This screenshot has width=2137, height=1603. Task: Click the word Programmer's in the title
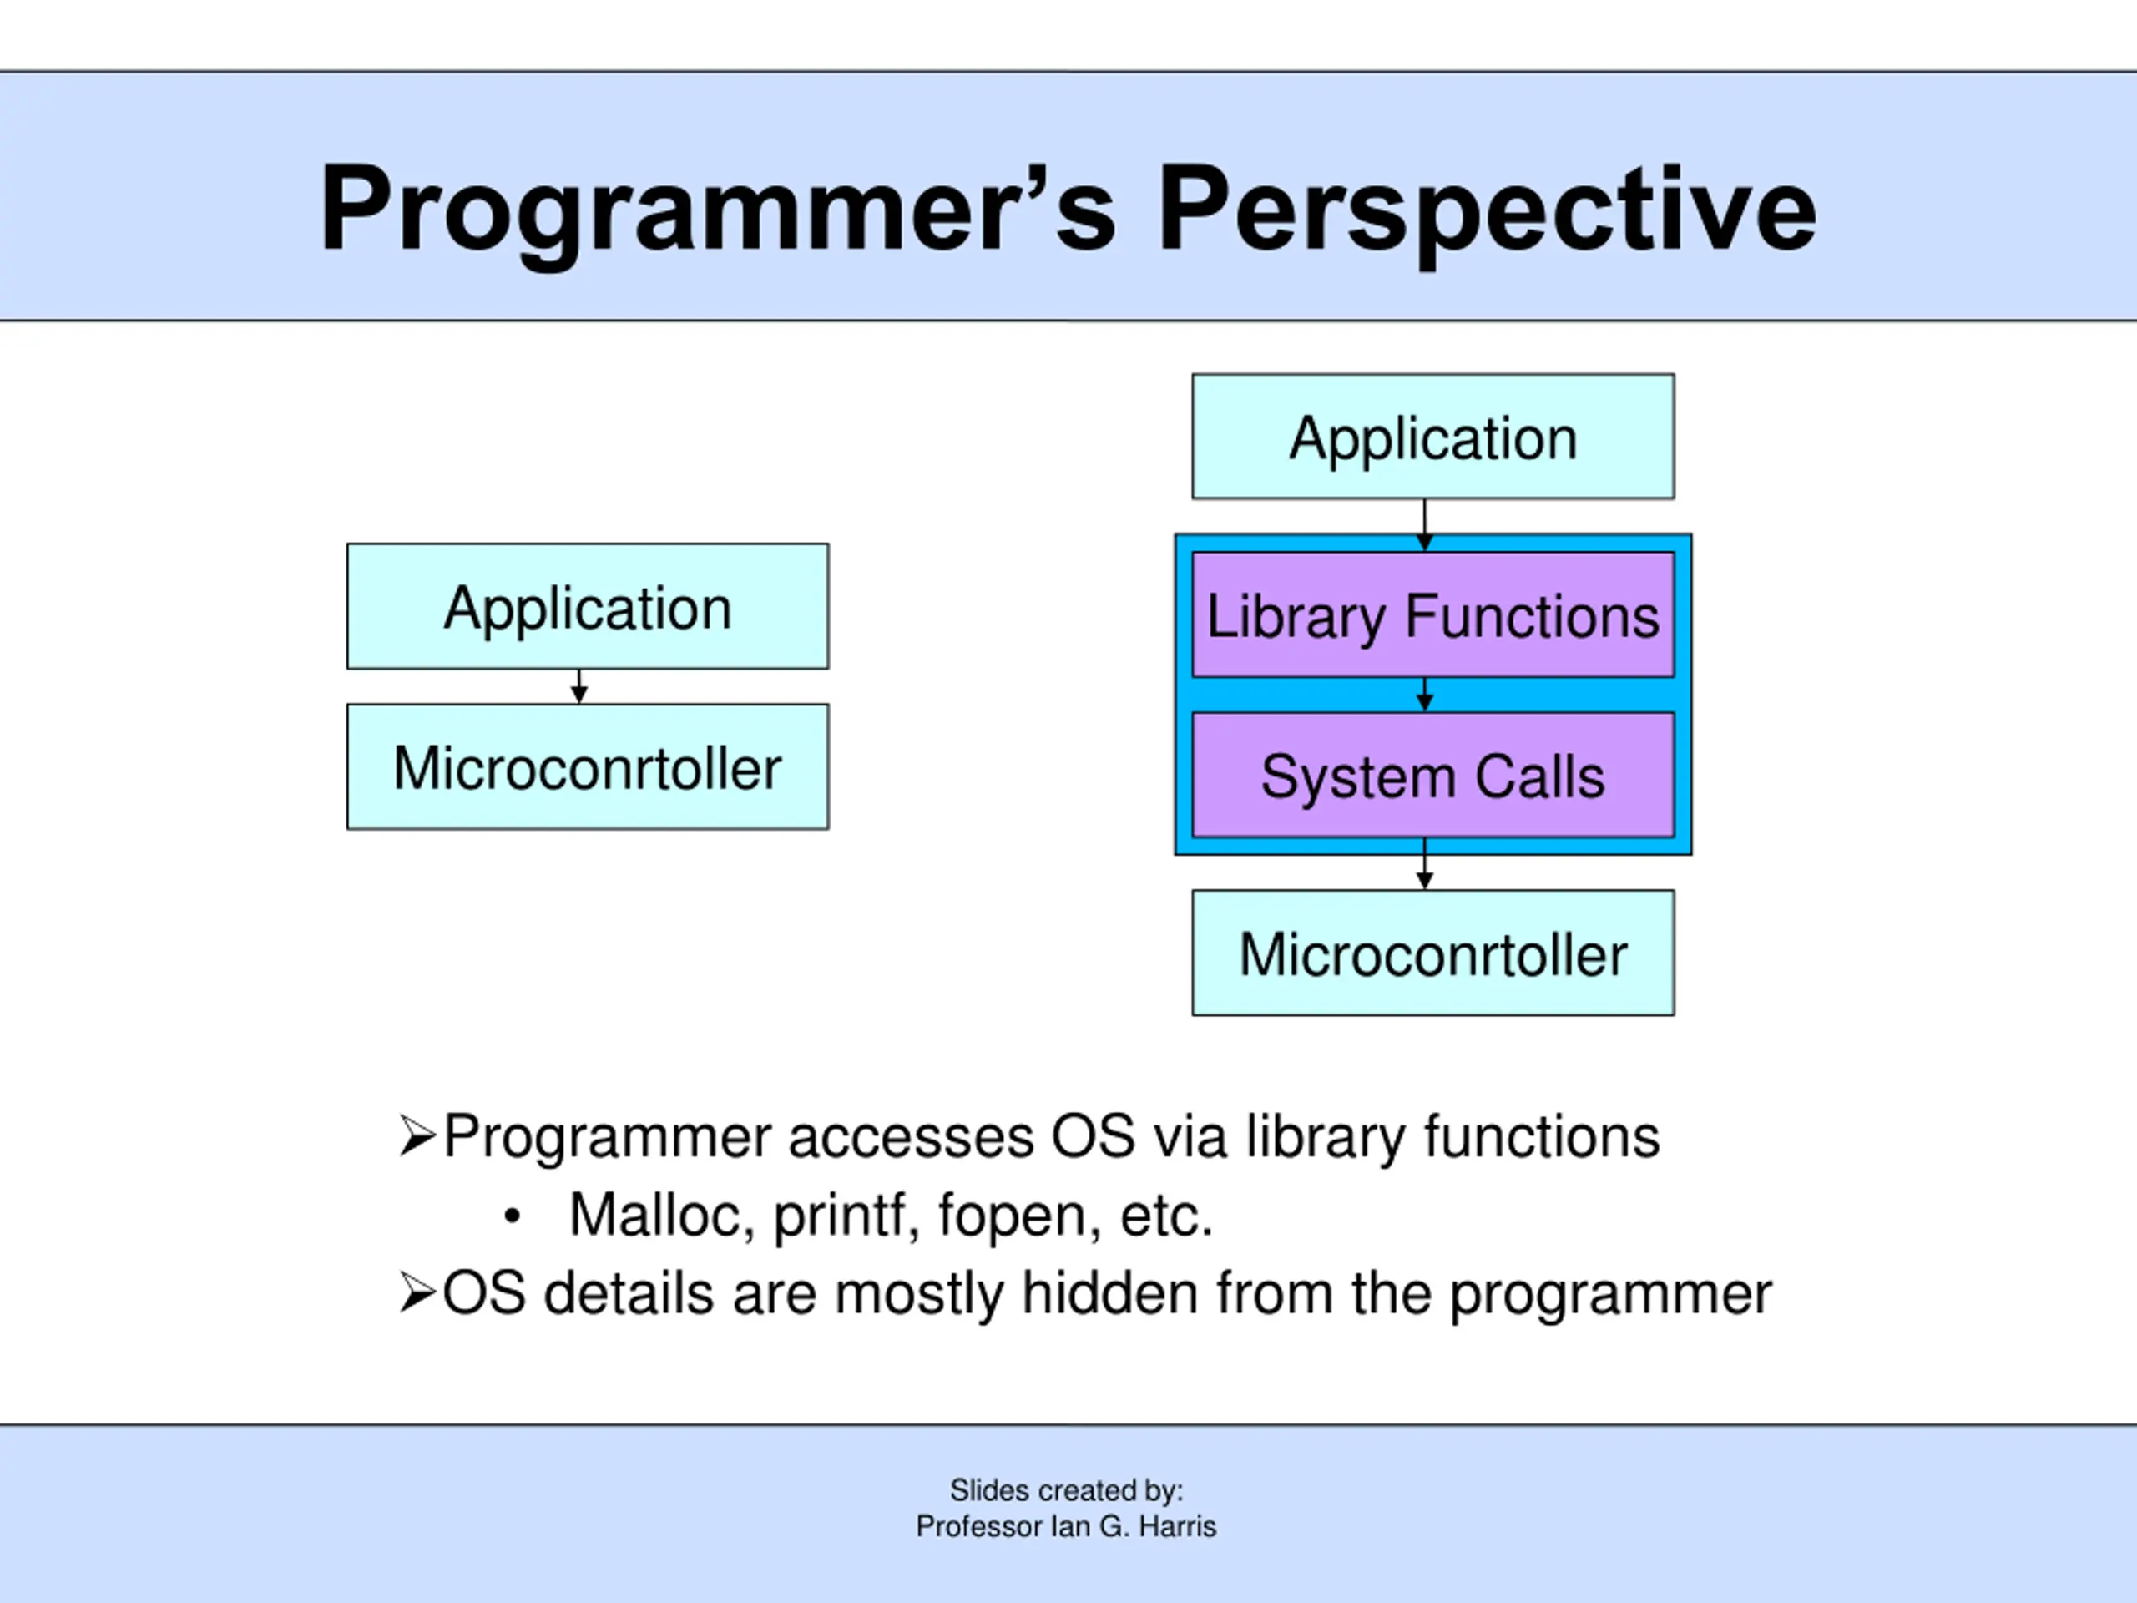point(718,210)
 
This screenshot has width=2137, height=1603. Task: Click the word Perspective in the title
point(1487,210)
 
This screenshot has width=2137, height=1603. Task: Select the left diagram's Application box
point(588,606)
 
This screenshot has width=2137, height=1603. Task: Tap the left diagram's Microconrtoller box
point(588,766)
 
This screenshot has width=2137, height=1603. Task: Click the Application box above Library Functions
point(1432,436)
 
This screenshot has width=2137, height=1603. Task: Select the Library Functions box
point(1432,614)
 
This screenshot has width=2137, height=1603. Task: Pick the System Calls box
point(1432,775)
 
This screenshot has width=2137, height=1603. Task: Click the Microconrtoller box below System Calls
point(1432,953)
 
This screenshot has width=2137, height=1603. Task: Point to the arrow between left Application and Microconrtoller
point(578,686)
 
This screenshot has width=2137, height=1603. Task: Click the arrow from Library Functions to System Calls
point(1424,695)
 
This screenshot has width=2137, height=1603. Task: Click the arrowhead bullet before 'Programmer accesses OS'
point(417,1135)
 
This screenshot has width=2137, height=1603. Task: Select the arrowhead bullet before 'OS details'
point(417,1292)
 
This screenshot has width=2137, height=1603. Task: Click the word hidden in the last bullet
point(1110,1292)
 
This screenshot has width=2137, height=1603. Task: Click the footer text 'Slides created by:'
point(1067,1491)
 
